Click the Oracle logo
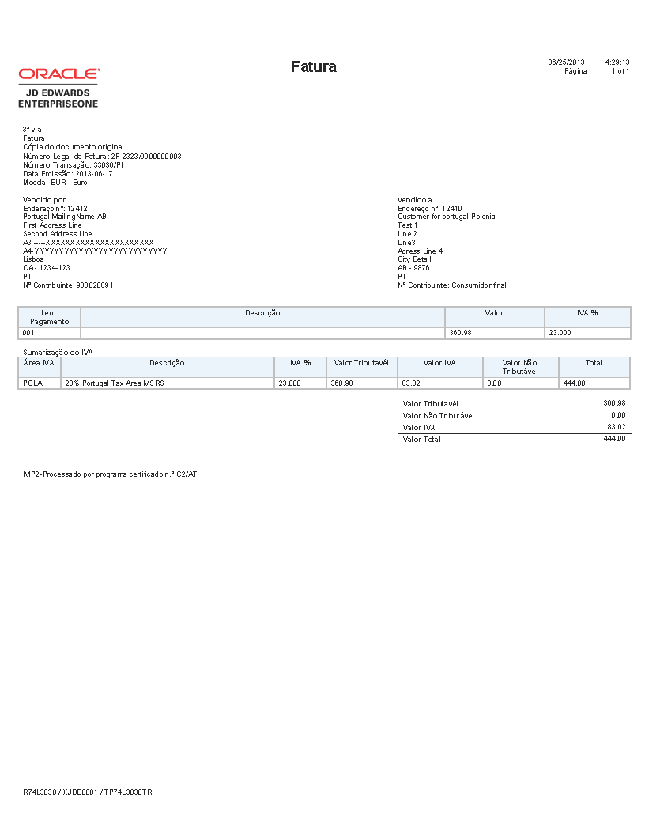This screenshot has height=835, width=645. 59,74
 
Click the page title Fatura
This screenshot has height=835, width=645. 314,66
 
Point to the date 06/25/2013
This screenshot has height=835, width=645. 566,62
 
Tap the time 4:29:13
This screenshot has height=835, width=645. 617,62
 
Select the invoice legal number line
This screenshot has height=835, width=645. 102,156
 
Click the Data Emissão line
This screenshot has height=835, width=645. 68,173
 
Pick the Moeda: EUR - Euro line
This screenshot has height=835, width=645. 55,182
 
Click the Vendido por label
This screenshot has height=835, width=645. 44,199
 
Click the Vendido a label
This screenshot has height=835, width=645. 415,199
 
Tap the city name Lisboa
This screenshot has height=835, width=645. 33,259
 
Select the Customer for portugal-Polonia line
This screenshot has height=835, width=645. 447,217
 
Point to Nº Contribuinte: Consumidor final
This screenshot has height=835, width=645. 452,285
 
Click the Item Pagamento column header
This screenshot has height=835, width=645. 49,317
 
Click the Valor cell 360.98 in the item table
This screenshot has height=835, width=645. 460,333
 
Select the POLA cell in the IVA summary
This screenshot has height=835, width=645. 33,383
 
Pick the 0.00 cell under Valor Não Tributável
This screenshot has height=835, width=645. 495,383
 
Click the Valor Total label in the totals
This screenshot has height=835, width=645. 421,440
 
